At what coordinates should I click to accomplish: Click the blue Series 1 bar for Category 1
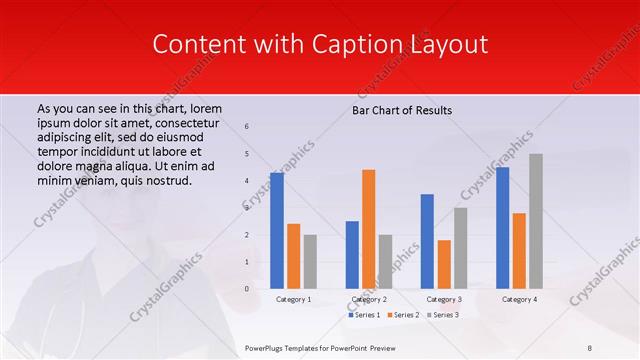(277, 231)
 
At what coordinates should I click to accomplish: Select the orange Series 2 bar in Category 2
(368, 229)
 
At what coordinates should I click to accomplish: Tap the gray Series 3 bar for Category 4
(536, 221)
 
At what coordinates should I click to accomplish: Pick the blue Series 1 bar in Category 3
(427, 241)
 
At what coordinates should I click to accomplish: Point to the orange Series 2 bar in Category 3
(444, 264)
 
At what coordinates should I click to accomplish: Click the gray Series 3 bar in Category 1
(310, 261)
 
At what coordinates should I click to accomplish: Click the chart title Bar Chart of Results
(402, 109)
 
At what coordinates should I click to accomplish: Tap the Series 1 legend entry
(364, 315)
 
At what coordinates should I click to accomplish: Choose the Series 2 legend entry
(402, 315)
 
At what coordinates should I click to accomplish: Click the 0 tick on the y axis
(247, 289)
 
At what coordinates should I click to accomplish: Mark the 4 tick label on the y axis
(247, 181)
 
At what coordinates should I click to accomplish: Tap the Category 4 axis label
(518, 299)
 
